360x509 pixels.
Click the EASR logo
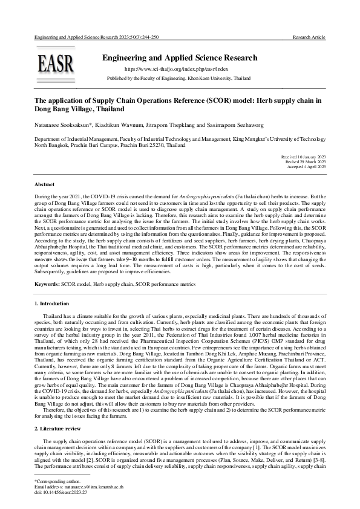(56, 63)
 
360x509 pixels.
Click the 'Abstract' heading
(45, 183)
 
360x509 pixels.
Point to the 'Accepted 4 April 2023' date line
(304, 166)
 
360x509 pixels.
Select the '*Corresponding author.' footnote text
(54, 481)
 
